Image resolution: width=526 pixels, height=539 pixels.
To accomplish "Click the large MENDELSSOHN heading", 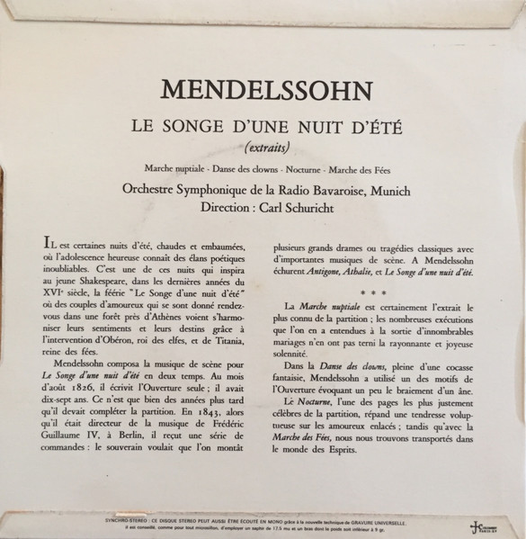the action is [x=264, y=90].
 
